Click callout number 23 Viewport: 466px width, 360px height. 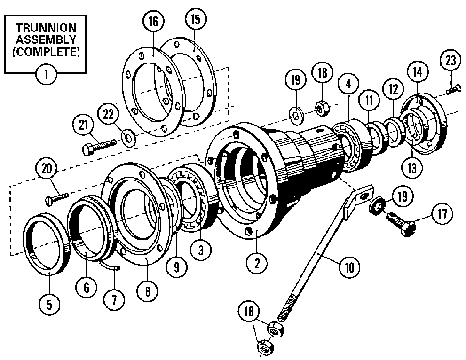click(x=450, y=61)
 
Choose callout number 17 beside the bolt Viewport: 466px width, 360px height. click(x=442, y=215)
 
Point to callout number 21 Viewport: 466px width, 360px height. click(x=84, y=125)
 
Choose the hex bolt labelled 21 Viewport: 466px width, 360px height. click(x=99, y=145)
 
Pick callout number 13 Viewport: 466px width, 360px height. click(x=412, y=167)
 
